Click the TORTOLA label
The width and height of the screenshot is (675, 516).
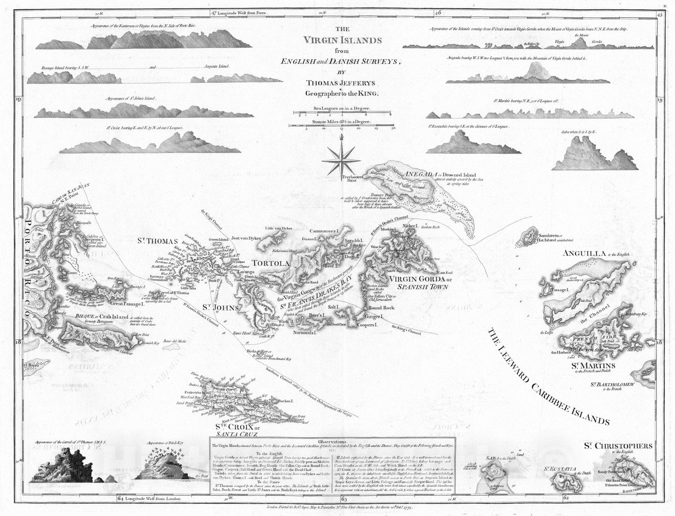coord(271,263)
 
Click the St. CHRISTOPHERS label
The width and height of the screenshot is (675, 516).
coord(618,446)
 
